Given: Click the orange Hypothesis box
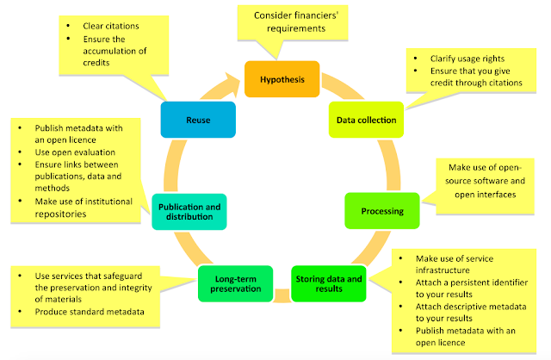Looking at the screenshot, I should tap(282, 78).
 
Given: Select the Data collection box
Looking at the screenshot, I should tap(367, 120).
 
